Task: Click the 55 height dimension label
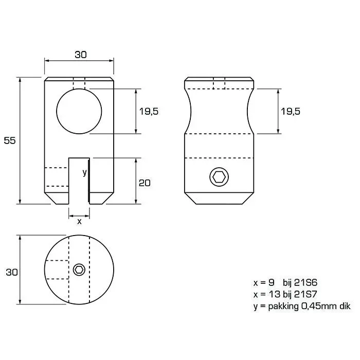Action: point(10,140)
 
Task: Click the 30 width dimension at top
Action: point(81,55)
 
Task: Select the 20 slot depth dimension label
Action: point(145,183)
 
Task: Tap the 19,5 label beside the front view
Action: point(149,112)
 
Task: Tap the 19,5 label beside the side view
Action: point(291,112)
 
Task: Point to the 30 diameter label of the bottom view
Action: point(12,272)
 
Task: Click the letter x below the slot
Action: point(79,222)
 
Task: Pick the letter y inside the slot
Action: point(84,172)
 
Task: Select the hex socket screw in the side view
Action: point(219,177)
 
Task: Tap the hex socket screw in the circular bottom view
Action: point(79,269)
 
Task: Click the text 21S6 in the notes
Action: point(305,282)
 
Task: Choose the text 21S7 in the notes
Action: point(305,294)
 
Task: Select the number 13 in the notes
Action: point(274,294)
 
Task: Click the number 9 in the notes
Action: point(272,282)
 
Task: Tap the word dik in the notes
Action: point(345,306)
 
